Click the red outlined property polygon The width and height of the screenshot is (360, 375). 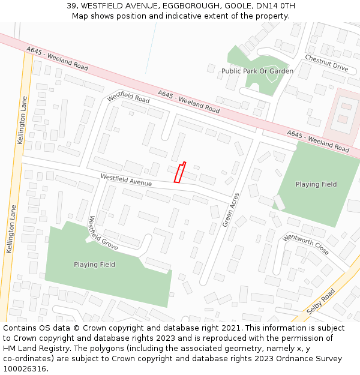coord(179,172)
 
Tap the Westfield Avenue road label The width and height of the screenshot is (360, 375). coord(126,179)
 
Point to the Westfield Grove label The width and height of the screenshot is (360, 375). coord(103,233)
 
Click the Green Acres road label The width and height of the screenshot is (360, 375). coord(231,209)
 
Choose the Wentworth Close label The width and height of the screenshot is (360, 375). coord(306,245)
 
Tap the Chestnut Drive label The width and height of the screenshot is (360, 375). coord(326,63)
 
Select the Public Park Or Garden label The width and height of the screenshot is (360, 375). coord(257,71)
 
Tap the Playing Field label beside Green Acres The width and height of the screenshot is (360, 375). coord(316,184)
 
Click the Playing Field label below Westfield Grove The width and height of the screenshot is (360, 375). coord(94,264)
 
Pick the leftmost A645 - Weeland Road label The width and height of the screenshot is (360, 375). coord(58,58)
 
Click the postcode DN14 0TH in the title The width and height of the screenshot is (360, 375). coord(275,6)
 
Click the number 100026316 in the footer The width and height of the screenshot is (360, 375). coord(25,368)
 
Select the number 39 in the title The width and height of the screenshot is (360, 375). coord(71,6)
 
